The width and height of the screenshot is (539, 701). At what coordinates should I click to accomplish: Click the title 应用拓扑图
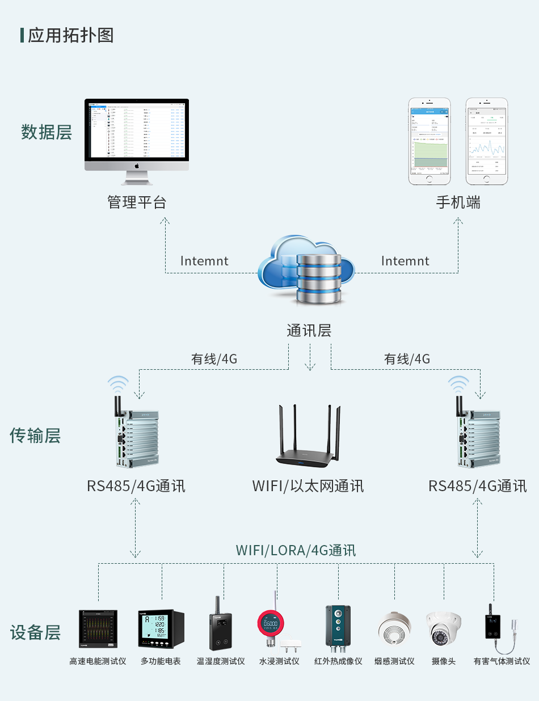70,35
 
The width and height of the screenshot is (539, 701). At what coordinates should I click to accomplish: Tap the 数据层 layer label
47,132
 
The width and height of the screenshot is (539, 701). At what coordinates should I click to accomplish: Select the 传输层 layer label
35,436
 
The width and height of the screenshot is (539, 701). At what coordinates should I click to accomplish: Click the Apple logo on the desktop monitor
137,166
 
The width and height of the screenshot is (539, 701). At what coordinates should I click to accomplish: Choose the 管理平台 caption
137,202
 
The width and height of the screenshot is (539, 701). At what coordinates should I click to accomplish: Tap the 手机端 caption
458,202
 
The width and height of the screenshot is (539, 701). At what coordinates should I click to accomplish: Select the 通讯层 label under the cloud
309,331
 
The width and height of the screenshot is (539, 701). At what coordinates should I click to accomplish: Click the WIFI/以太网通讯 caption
308,486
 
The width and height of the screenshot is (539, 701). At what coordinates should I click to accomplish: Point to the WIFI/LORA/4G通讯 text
296,550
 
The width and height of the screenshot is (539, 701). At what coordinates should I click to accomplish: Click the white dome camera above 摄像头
443,628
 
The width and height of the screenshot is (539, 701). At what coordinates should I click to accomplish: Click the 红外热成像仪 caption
338,661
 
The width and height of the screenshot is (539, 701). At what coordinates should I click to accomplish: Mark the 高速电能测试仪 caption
98,661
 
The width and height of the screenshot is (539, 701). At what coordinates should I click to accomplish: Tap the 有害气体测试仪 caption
502,661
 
